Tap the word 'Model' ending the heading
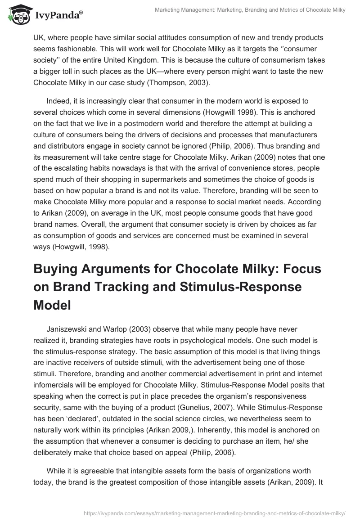(52, 306)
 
